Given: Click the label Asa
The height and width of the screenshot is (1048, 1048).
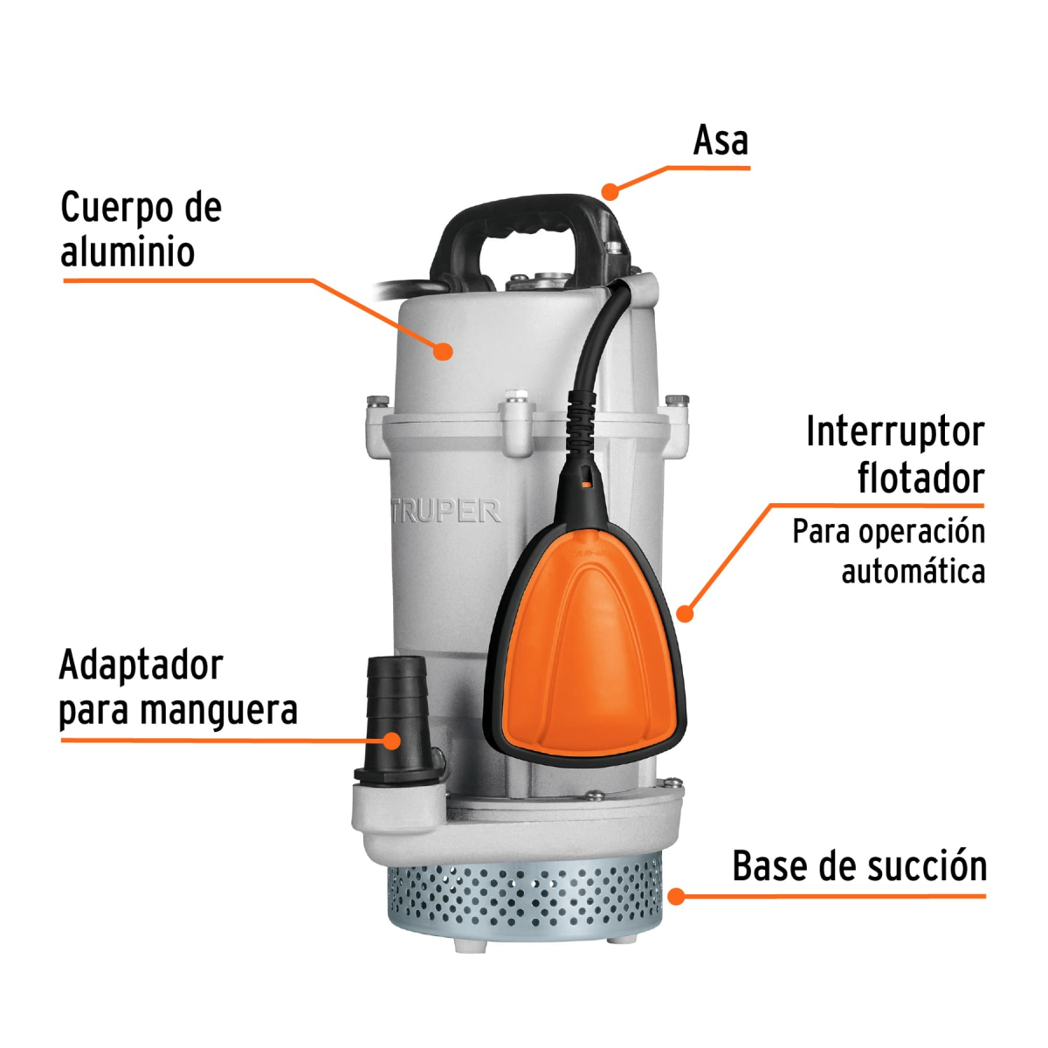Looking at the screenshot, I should (x=720, y=141).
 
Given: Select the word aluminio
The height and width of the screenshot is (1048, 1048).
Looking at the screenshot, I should (x=128, y=252).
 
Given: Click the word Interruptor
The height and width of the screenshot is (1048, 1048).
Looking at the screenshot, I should (x=894, y=431).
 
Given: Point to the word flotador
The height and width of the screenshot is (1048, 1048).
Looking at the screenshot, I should (x=920, y=479).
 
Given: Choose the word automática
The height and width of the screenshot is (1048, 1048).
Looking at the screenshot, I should (x=913, y=572).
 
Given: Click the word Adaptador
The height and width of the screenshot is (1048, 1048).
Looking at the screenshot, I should (x=141, y=665).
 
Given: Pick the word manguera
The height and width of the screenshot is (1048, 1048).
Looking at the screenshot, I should (x=219, y=711).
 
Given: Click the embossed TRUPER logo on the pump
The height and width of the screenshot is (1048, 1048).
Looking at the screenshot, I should (x=445, y=512).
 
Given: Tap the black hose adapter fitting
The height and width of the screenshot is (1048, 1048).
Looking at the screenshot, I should (x=397, y=716).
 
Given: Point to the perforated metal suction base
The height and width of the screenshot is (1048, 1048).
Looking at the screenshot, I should (x=524, y=900).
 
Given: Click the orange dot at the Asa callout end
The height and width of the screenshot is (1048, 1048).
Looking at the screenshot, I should (x=610, y=190).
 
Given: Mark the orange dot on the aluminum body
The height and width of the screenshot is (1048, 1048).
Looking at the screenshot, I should (x=444, y=351).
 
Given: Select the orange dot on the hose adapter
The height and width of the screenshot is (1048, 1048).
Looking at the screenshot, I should (x=392, y=741).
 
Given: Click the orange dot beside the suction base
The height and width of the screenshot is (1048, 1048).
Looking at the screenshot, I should (x=676, y=895).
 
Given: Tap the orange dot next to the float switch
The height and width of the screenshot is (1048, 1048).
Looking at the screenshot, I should (x=686, y=614).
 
